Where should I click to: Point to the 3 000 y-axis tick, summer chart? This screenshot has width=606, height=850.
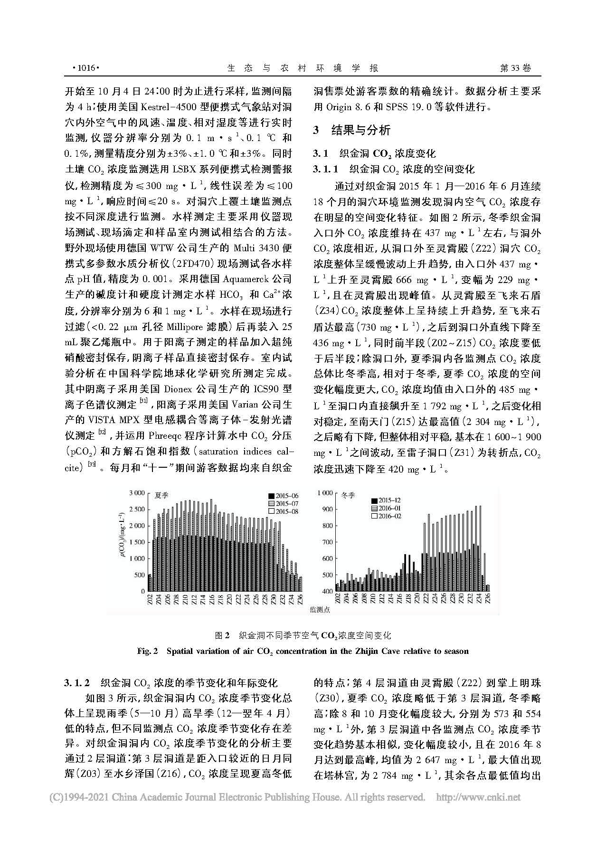pos(136,493)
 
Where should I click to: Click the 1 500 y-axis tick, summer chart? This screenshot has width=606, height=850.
pos(136,542)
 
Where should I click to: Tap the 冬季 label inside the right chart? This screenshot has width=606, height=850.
pos(348,495)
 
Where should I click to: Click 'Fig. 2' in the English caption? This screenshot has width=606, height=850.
pos(147,651)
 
